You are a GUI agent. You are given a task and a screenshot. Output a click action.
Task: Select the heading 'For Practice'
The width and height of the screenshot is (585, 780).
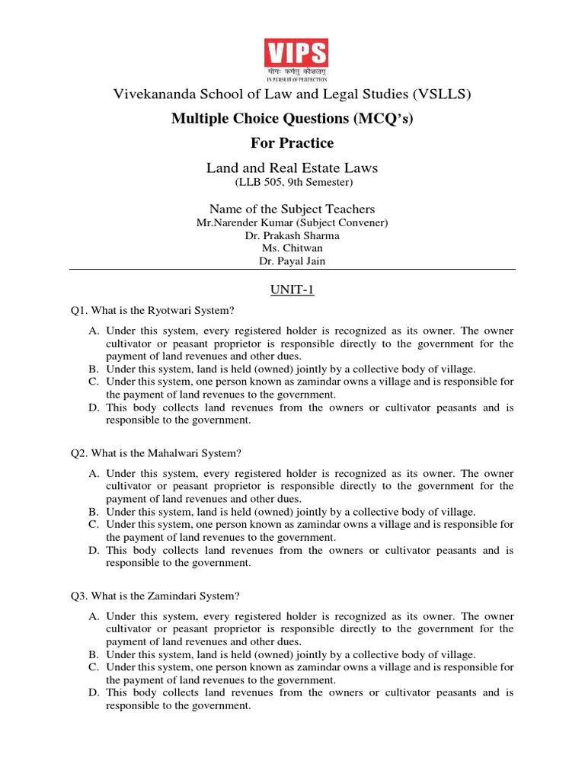click(x=292, y=143)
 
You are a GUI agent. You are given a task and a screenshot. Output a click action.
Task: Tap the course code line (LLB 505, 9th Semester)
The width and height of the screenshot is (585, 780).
click(x=292, y=182)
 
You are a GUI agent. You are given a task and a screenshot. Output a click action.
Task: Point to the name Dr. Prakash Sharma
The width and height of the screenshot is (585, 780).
click(x=292, y=236)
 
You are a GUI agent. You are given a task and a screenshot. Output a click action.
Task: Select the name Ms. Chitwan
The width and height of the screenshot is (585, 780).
click(x=292, y=249)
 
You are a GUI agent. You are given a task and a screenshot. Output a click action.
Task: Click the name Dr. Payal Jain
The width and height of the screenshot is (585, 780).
click(x=292, y=262)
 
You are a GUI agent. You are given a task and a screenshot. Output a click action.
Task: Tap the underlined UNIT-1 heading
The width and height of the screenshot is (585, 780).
click(x=292, y=290)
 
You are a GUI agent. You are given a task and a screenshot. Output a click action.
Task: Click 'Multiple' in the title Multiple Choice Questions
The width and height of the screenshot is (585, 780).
click(x=200, y=119)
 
